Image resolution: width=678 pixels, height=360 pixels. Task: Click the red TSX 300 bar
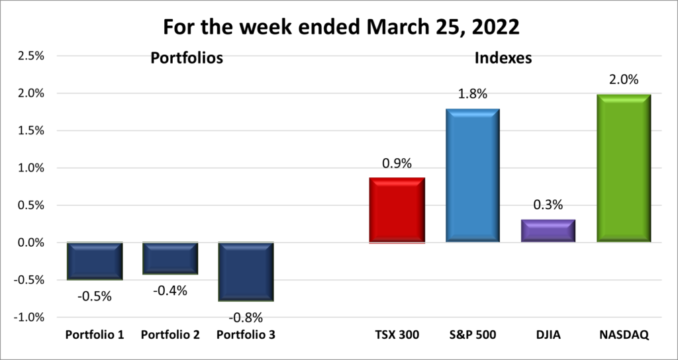[397, 210]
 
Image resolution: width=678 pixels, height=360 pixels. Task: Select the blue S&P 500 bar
[472, 175]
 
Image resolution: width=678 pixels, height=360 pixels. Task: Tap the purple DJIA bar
[548, 230]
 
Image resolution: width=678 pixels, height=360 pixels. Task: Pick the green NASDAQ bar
[623, 168]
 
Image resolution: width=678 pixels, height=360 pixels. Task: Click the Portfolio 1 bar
[95, 261]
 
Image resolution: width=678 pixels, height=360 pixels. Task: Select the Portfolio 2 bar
[170, 258]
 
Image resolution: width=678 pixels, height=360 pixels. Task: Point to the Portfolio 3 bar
[246, 272]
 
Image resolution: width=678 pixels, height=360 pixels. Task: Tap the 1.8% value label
[472, 94]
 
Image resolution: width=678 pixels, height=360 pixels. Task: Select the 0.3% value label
[548, 205]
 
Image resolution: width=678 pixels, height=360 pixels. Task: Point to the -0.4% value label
[170, 290]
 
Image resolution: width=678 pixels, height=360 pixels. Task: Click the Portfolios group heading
[187, 58]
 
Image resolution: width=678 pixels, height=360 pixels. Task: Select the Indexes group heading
[503, 58]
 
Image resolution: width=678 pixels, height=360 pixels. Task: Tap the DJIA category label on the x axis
[548, 335]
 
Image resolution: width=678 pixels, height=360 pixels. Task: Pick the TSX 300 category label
[397, 335]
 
